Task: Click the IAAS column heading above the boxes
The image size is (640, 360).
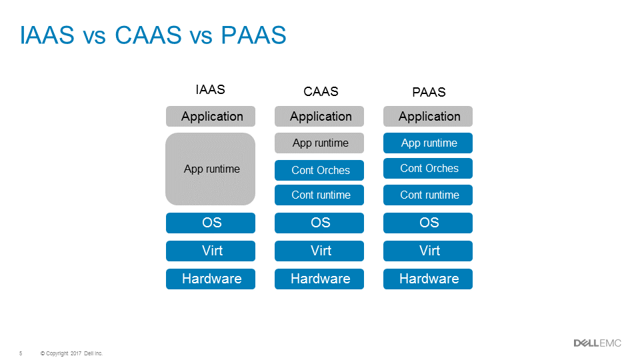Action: pos(210,89)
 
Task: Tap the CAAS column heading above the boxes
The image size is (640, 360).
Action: pos(321,92)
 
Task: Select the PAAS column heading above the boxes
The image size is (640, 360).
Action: pos(429,92)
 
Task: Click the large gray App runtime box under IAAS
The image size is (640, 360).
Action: pos(211,169)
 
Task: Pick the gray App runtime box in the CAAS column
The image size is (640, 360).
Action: pos(319,143)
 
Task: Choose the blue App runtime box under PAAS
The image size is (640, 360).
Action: pos(428,143)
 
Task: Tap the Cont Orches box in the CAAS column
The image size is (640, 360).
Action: pos(319,170)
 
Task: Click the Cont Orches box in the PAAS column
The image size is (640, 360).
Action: pos(428,168)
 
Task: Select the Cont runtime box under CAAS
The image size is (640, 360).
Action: pos(319,195)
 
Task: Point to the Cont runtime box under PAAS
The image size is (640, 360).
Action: pos(428,195)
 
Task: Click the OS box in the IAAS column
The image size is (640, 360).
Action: pos(211,223)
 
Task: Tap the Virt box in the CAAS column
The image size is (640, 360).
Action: pos(319,251)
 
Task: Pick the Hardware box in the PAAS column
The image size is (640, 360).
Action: pos(428,279)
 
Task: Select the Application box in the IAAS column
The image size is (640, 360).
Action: pos(211,116)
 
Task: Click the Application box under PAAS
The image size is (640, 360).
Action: pos(428,116)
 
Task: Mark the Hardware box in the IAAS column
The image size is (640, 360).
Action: pos(211,279)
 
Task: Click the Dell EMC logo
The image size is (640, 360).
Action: pos(597,343)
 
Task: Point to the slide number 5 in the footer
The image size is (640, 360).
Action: pos(21,353)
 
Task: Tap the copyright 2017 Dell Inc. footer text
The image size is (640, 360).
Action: pos(71,353)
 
